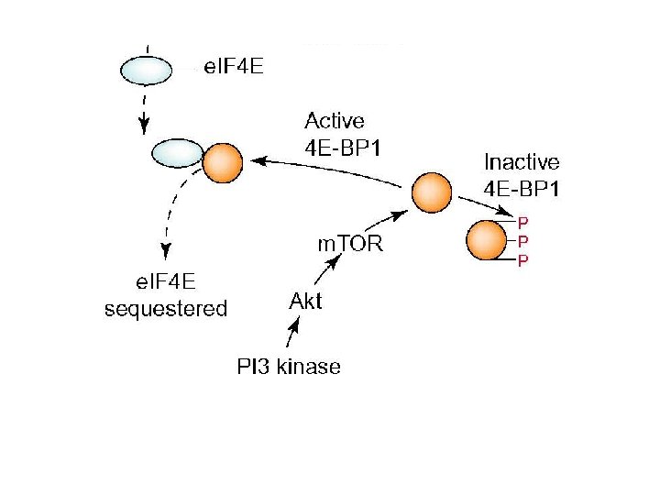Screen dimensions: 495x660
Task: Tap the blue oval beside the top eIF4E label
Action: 147,69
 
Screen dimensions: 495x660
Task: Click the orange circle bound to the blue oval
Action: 222,164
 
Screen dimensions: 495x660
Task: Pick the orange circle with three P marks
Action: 487,241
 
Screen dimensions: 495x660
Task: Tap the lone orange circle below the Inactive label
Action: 432,193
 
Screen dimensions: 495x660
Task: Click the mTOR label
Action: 349,245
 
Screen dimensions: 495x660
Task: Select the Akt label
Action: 305,301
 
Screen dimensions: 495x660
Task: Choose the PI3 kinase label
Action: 289,367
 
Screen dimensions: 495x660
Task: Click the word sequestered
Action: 166,308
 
